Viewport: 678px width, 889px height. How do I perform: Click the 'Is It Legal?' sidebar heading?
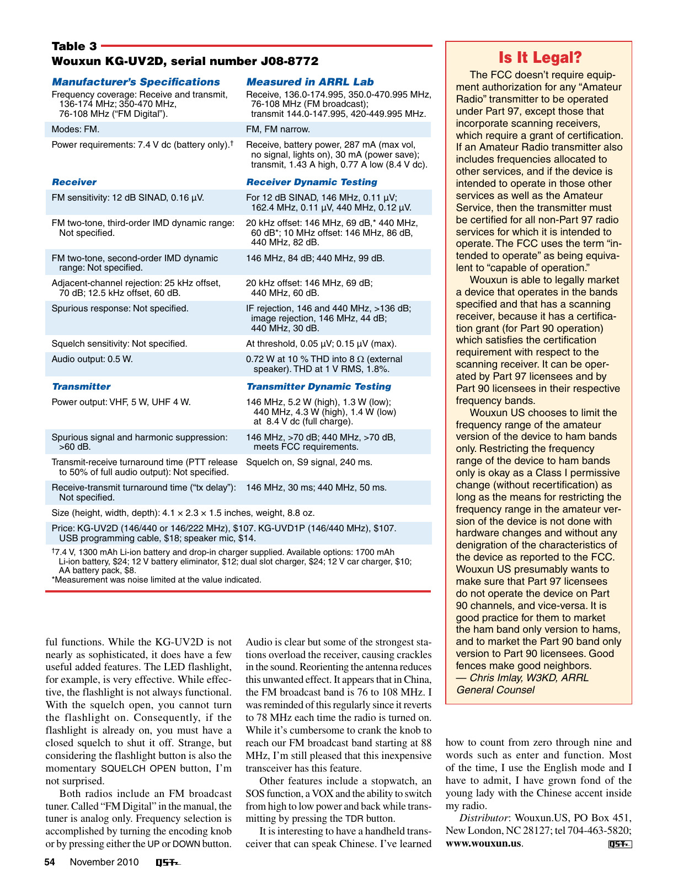[540, 58]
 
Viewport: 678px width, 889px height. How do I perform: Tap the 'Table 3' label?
[74, 46]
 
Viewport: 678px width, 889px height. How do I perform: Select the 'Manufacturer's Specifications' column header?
[136, 82]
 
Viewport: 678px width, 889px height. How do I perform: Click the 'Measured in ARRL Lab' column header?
[309, 82]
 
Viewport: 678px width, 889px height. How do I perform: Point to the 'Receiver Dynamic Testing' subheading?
[311, 182]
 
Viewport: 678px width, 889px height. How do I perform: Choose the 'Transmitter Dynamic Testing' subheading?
[318, 387]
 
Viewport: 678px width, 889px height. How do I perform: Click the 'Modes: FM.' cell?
[76, 130]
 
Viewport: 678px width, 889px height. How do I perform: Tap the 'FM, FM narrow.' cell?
[278, 130]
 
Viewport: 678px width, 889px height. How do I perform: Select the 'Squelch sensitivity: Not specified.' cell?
[119, 344]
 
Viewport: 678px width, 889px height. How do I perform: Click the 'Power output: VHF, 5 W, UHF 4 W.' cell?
[121, 402]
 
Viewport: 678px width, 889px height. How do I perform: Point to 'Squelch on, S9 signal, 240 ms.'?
[309, 462]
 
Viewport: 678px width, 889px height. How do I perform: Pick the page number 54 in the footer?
[50, 863]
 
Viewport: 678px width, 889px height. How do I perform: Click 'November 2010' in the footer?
[104, 863]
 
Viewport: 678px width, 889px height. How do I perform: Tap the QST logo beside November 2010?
[168, 863]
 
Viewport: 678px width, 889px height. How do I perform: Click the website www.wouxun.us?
[483, 843]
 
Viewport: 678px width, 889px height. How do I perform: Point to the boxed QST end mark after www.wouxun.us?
[620, 844]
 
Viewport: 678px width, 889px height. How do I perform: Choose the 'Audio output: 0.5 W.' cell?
[92, 359]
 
